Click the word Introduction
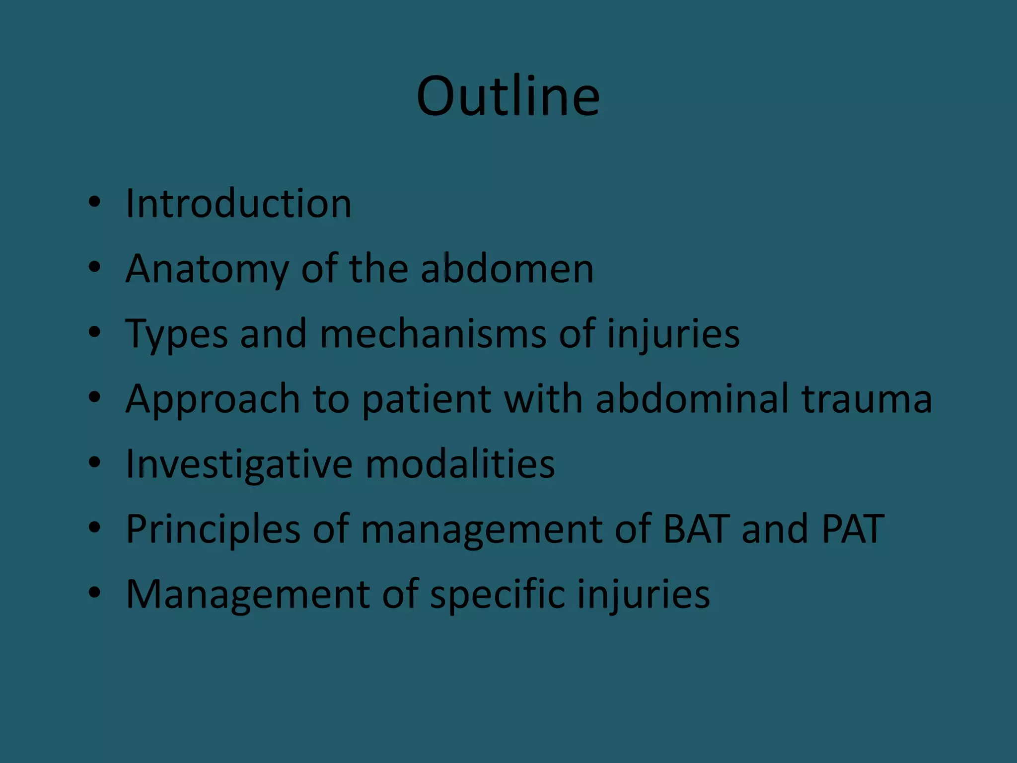click(238, 203)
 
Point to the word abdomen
click(507, 268)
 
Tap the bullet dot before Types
click(94, 332)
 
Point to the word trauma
click(867, 399)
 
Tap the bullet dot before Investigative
click(94, 462)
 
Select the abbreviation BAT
click(696, 529)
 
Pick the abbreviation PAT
click(853, 529)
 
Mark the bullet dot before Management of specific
click(94, 593)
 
